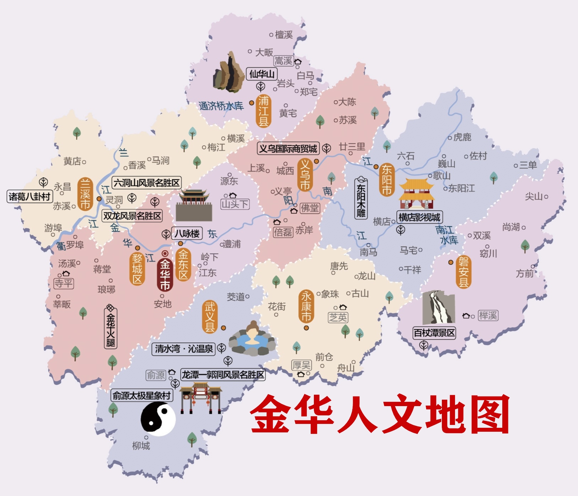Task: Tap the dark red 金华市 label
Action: [165, 274]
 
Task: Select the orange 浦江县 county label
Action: [263, 111]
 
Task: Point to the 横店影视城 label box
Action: [419, 217]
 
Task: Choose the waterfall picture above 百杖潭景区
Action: [438, 307]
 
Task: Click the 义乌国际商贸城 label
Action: [288, 149]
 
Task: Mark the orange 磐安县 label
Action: [463, 272]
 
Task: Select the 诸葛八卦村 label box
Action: [30, 196]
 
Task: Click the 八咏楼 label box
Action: [187, 233]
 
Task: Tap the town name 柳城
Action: [141, 446]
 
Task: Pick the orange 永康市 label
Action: [306, 307]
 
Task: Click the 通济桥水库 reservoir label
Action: [221, 106]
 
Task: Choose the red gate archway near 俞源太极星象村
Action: [200, 398]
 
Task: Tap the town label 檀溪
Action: [284, 35]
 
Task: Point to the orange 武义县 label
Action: [210, 317]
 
